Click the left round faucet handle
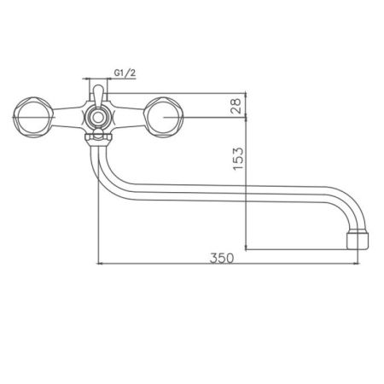pyautogui.click(x=33, y=115)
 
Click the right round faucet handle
pyautogui.click(x=161, y=115)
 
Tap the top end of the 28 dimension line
pyautogui.click(x=247, y=92)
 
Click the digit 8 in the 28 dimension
pyautogui.click(x=238, y=100)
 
